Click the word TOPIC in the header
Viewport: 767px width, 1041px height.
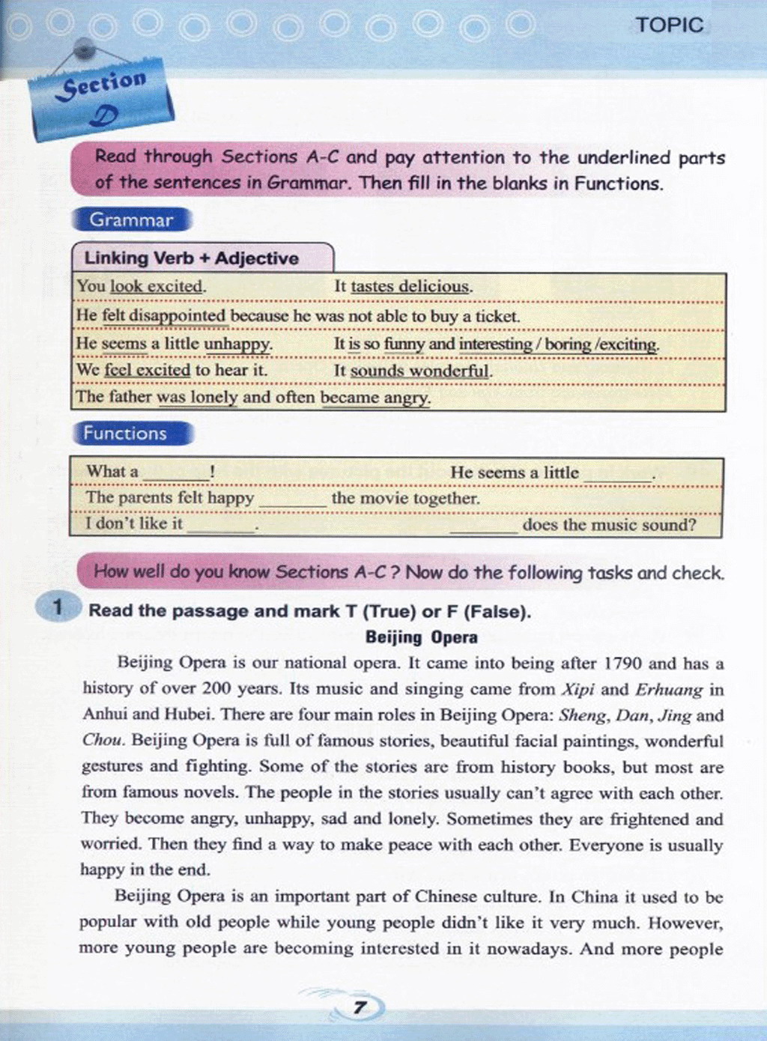[670, 25]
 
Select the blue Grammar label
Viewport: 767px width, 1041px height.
[132, 220]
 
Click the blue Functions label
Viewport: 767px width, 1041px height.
[126, 434]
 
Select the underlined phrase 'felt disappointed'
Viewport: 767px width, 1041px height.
[164, 316]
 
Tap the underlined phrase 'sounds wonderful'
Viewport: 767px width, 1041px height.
[420, 371]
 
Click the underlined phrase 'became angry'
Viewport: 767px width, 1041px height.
[375, 398]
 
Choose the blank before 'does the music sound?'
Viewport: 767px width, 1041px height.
[483, 526]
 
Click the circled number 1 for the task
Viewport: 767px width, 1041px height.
[57, 607]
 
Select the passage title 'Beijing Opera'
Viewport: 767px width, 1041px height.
[421, 637]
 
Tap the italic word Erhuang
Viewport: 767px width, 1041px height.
[669, 690]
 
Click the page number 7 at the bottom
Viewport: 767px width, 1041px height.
[360, 1008]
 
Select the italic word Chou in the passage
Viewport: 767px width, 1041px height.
[102, 741]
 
